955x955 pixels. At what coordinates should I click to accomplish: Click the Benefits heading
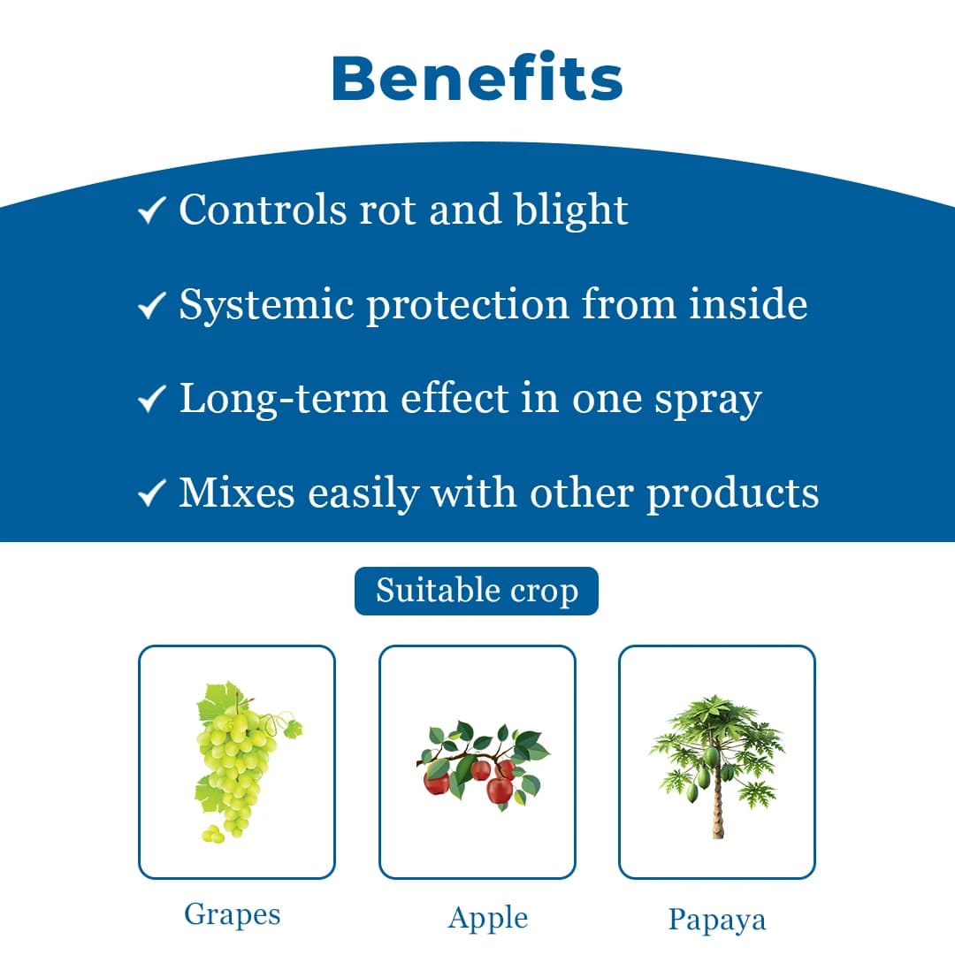click(x=477, y=78)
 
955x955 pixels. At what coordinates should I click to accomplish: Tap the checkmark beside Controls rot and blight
click(x=152, y=210)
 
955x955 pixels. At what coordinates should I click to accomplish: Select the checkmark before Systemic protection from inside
click(x=152, y=306)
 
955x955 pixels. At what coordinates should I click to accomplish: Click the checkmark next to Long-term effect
click(x=152, y=400)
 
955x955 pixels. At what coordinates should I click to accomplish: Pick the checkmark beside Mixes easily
click(x=152, y=493)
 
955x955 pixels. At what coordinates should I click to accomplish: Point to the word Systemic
click(x=266, y=306)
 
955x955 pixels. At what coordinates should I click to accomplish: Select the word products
click(x=732, y=493)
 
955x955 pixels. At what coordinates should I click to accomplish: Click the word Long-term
click(x=283, y=400)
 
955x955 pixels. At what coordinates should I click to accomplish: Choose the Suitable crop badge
click(x=477, y=591)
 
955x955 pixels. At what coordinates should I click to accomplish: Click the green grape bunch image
click(x=237, y=760)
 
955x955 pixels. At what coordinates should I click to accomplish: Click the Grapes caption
click(x=233, y=914)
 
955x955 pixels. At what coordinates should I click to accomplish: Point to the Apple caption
click(x=487, y=918)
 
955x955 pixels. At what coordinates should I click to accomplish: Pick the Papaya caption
click(x=716, y=920)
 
